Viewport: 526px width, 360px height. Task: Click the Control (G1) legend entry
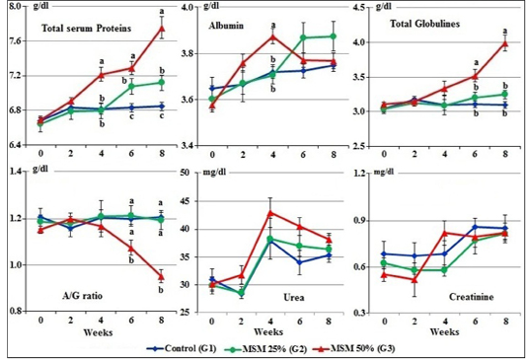tap(182, 348)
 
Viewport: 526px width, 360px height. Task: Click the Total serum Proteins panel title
tap(86, 29)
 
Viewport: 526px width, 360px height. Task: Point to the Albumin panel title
tap(226, 26)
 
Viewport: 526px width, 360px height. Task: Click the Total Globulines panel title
tap(424, 24)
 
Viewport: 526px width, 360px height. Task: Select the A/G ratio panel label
tap(83, 296)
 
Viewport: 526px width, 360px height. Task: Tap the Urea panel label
tap(294, 297)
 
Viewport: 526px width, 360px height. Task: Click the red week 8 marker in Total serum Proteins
tap(162, 29)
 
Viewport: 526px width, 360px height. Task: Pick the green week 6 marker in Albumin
tap(303, 37)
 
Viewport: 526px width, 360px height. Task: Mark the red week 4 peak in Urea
tap(271, 212)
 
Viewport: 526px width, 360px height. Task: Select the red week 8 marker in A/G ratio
tap(162, 276)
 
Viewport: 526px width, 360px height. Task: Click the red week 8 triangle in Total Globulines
tap(503, 43)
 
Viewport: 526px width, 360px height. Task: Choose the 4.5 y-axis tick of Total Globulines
tap(358, 7)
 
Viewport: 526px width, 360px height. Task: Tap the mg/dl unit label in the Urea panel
tap(215, 173)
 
